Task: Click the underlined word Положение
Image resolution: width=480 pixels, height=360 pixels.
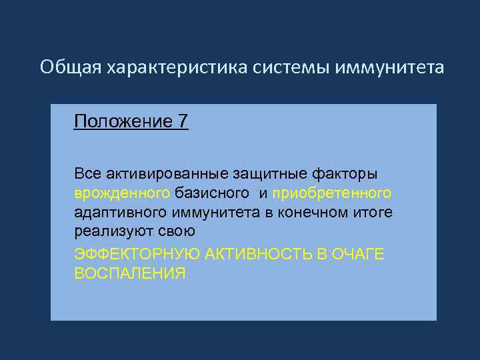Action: [x=123, y=122]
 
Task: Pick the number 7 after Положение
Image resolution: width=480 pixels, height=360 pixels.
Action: [x=183, y=122]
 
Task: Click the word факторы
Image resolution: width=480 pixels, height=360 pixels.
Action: [x=344, y=174]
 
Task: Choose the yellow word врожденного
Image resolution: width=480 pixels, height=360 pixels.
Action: [x=122, y=193]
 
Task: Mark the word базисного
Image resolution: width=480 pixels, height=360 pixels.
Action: [x=211, y=193]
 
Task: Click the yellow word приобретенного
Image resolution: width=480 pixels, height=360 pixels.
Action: [x=331, y=193]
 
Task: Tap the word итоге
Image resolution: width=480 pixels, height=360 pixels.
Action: [x=374, y=213]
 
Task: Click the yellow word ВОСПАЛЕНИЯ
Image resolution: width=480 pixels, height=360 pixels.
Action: [x=129, y=273]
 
